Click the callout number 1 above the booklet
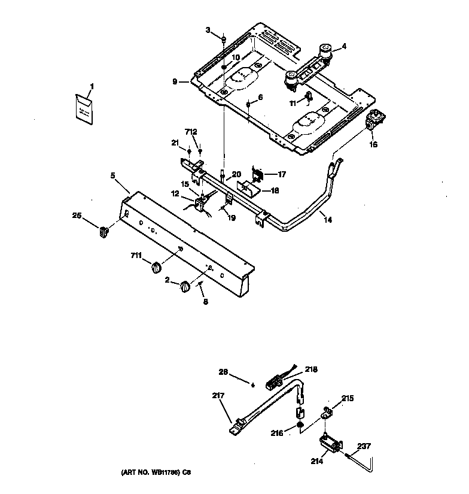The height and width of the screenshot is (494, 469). click(x=92, y=87)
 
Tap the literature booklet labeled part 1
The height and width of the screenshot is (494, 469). click(x=84, y=109)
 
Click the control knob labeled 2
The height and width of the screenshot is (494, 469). click(x=185, y=287)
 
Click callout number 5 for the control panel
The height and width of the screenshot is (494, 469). click(x=112, y=176)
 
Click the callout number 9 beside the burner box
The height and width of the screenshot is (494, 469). click(x=174, y=81)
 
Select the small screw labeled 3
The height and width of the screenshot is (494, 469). click(x=223, y=40)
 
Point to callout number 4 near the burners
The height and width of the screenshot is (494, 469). click(x=344, y=46)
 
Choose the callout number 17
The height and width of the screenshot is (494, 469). click(x=281, y=174)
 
